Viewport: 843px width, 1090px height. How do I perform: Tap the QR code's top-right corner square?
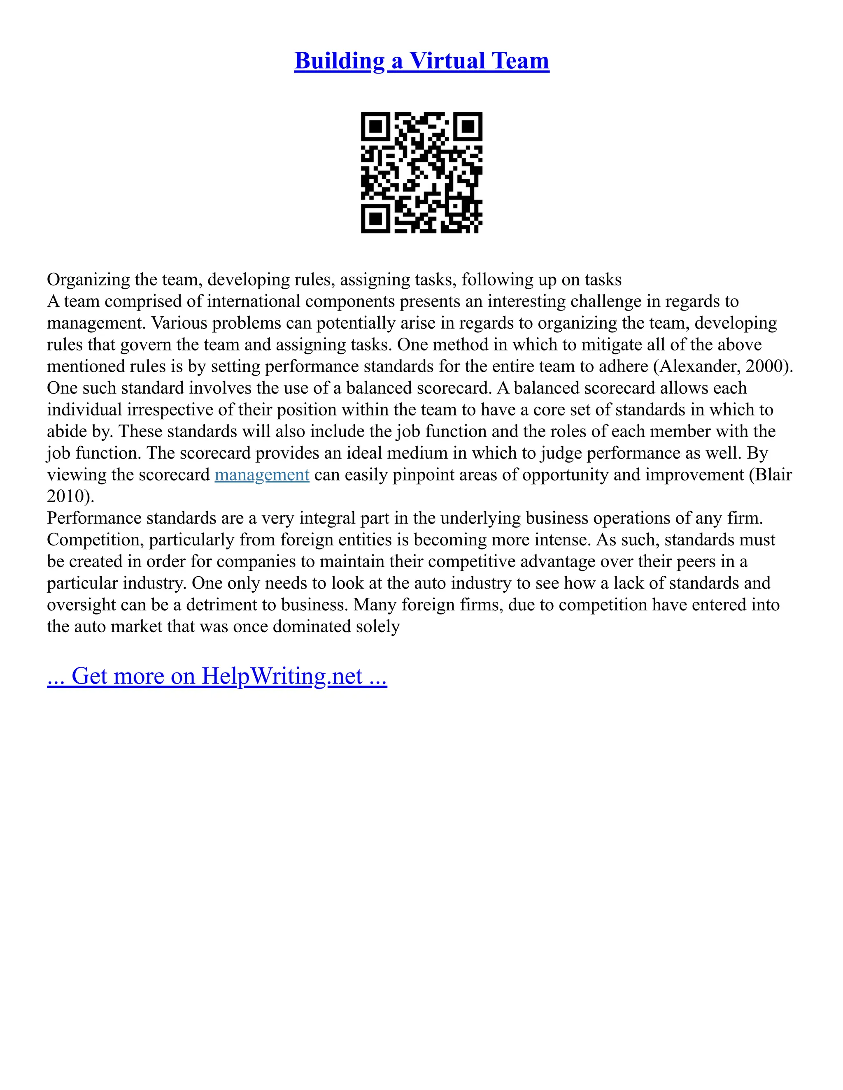[x=468, y=127]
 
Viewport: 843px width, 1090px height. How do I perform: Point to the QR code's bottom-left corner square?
[x=375, y=218]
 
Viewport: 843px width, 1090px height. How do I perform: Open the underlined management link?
[x=262, y=475]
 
